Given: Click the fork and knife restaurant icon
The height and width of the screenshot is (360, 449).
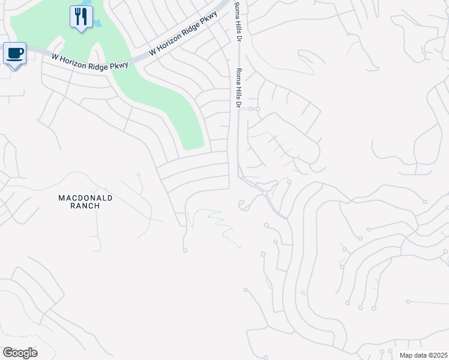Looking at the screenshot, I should (81, 16).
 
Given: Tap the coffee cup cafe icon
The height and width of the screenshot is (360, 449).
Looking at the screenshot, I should (14, 53).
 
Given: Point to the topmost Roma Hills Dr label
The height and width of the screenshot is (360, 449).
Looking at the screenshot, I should (237, 22).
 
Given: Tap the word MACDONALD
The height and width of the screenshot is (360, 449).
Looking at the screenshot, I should (85, 197).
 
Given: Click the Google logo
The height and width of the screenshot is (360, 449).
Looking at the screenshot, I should (20, 353).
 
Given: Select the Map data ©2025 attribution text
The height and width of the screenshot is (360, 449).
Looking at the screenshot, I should (423, 355).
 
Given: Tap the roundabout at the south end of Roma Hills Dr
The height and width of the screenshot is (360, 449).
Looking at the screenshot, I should (265, 193).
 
